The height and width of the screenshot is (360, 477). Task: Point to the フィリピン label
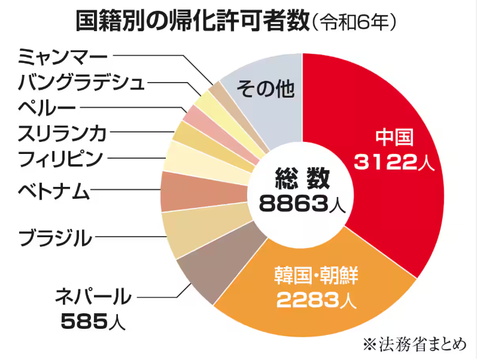point(60,159)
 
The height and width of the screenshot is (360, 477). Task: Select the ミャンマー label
point(62,57)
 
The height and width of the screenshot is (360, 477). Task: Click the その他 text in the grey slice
point(266,90)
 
